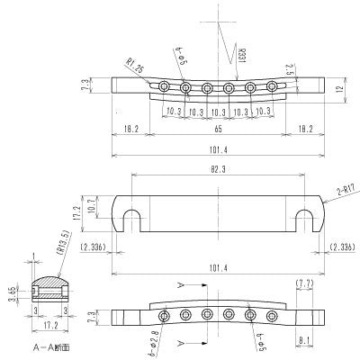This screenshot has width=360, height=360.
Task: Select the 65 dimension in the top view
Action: click(219, 130)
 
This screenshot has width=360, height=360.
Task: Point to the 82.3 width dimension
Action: click(220, 169)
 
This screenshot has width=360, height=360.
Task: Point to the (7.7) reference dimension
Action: click(304, 283)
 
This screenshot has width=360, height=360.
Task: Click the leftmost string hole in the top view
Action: click(164, 86)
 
